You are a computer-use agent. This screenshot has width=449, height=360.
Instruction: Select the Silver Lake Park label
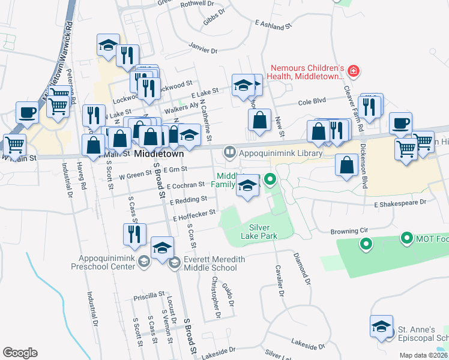click(x=263, y=232)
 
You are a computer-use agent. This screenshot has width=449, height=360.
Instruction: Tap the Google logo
click(x=20, y=352)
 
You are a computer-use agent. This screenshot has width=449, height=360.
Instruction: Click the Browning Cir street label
click(x=353, y=231)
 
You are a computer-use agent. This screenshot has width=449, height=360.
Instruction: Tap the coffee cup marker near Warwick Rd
click(x=27, y=112)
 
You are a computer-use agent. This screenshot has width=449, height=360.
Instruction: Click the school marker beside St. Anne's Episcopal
click(x=381, y=326)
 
